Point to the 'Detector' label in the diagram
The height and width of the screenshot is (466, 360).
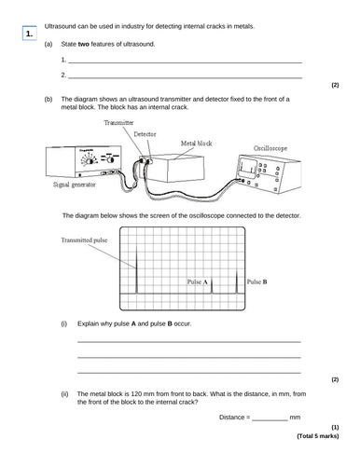coord(145,134)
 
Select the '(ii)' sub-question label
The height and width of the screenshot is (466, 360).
coord(65,394)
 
